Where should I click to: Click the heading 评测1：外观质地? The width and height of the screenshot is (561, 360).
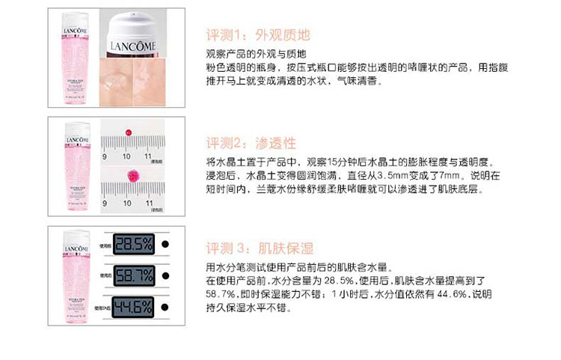click(x=257, y=35)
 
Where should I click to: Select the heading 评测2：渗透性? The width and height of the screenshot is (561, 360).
click(x=251, y=143)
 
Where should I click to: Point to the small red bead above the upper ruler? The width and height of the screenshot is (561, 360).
click(x=129, y=132)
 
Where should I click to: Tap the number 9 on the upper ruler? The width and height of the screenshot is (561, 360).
click(x=105, y=156)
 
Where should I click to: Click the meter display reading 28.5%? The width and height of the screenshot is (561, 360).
click(x=133, y=244)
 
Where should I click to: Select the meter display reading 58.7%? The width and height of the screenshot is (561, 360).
click(x=133, y=275)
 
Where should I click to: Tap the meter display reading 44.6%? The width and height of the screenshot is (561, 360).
click(x=133, y=306)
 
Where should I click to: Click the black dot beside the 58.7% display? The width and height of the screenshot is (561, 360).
click(x=163, y=275)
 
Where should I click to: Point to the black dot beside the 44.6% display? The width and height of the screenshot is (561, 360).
click(x=163, y=306)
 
